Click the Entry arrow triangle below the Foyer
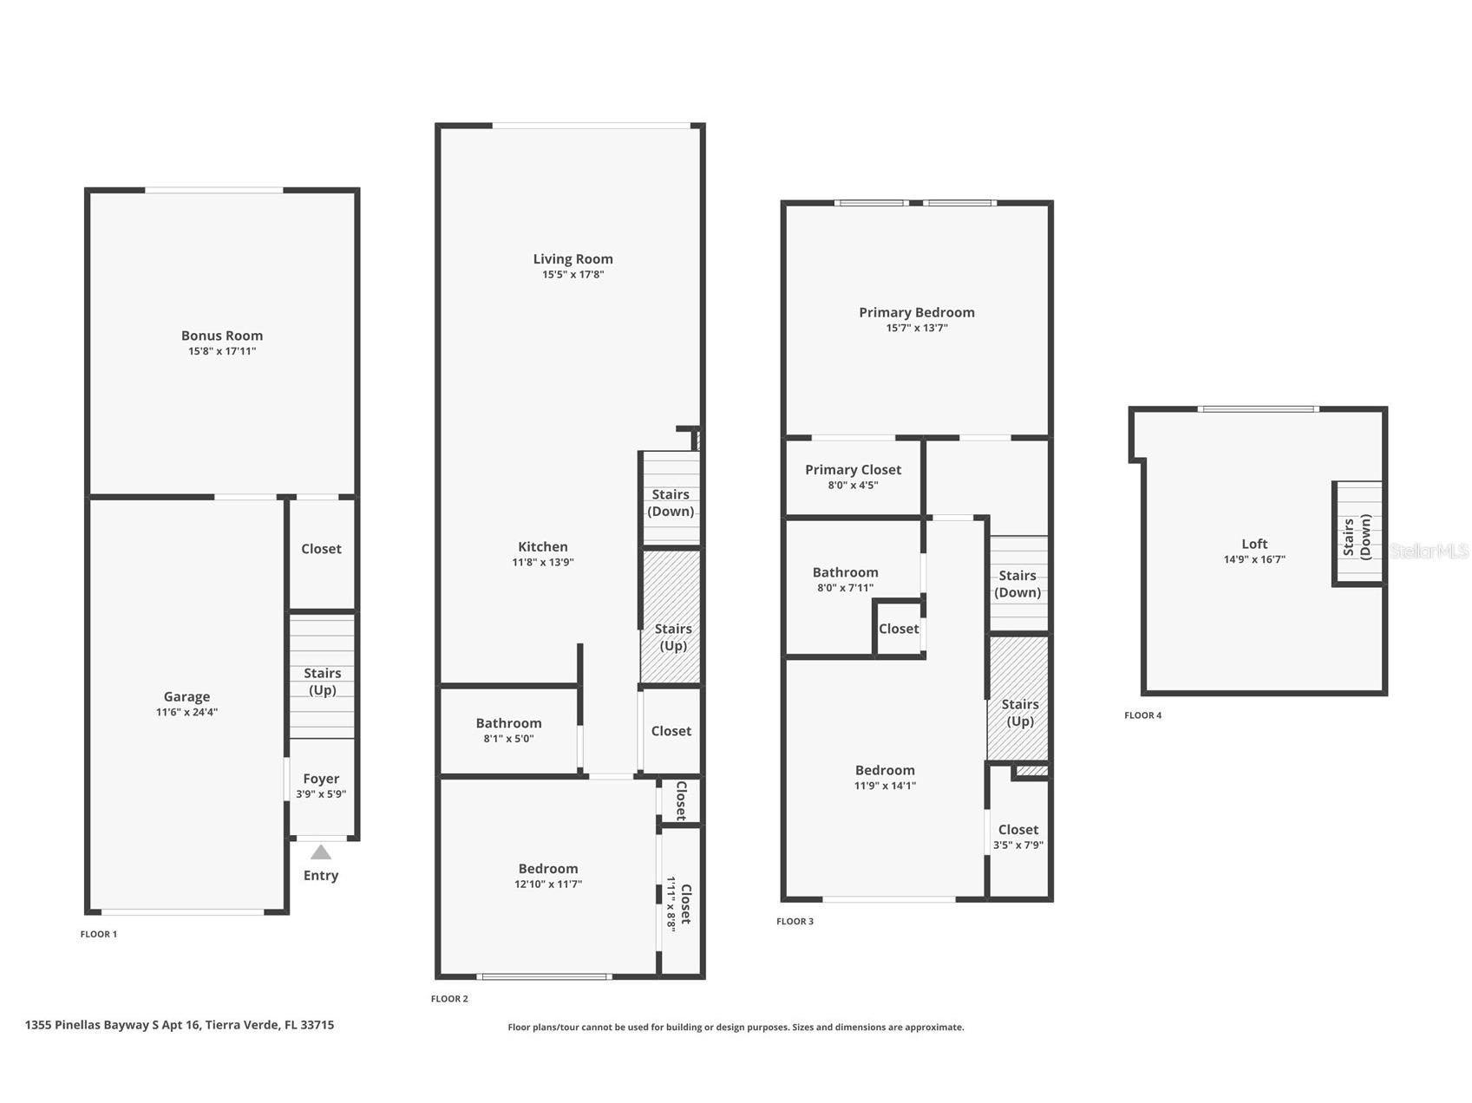[321, 852]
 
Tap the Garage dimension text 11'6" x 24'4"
[186, 713]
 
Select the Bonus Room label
[222, 336]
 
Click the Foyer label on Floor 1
[321, 779]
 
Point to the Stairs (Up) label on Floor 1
[322, 682]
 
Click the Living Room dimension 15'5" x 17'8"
[572, 275]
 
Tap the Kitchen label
[543, 547]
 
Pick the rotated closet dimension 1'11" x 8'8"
[671, 903]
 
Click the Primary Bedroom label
[917, 312]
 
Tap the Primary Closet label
[853, 470]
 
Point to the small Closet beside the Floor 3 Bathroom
[898, 629]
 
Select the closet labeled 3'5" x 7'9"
[1018, 837]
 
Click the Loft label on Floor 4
[1254, 545]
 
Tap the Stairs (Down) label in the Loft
[1357, 537]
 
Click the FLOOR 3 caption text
[795, 922]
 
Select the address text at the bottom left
[180, 1025]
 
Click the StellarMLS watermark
[1429, 551]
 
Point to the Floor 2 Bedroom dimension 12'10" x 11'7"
[548, 884]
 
